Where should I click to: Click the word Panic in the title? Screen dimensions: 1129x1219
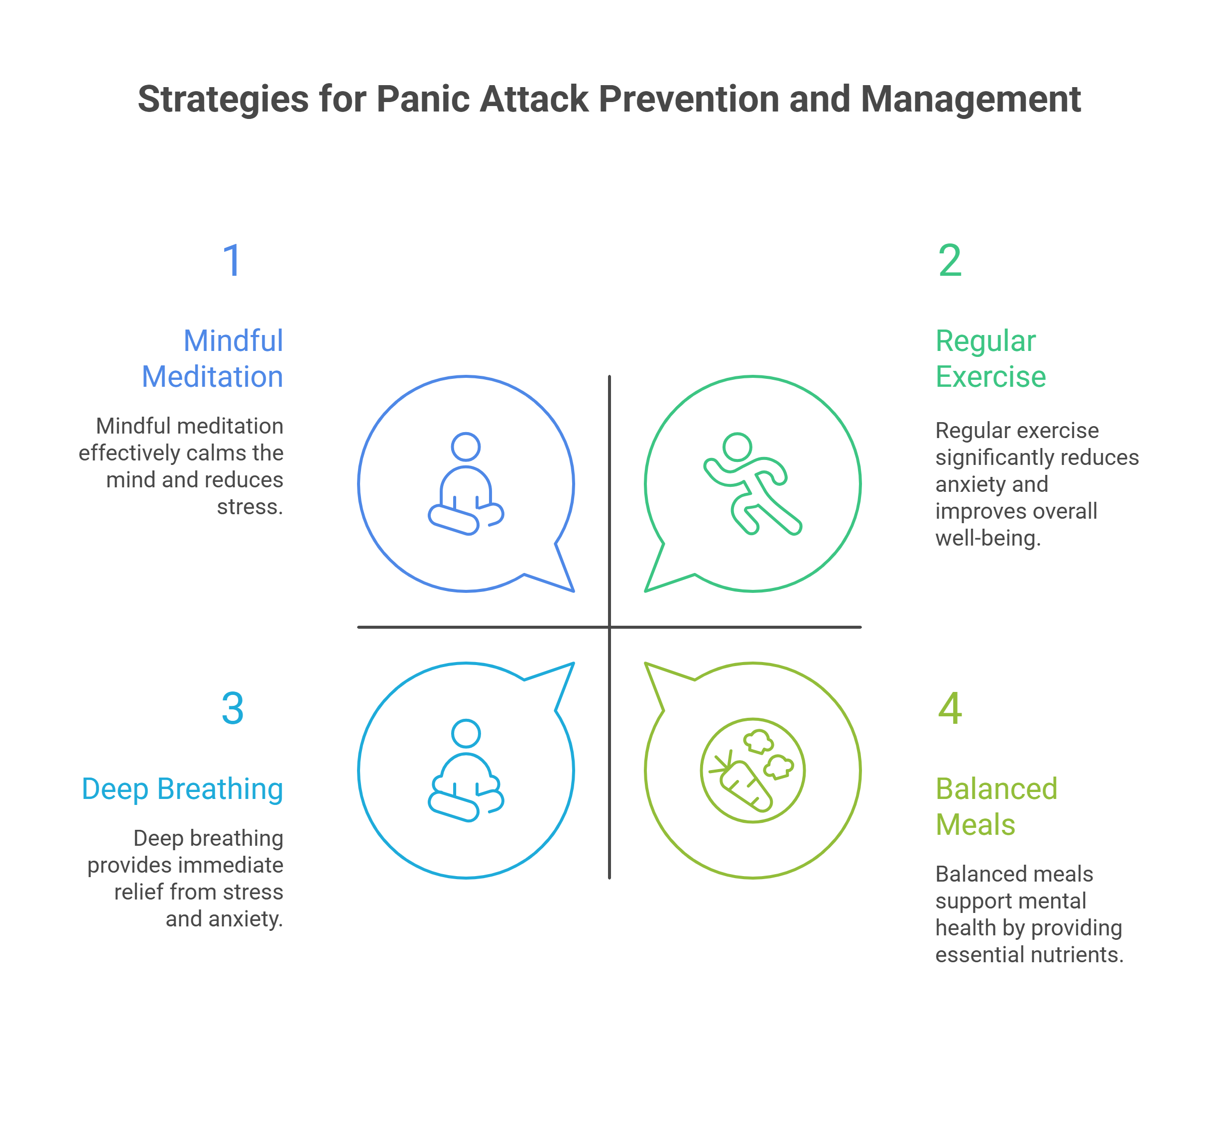pos(422,99)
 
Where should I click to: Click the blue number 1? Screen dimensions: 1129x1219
pos(232,261)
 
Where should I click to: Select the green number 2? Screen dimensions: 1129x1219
pos(950,261)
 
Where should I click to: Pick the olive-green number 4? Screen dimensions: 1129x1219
pos(950,709)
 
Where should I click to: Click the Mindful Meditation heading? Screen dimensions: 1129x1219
pos(213,358)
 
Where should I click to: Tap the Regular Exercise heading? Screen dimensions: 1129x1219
pos(990,358)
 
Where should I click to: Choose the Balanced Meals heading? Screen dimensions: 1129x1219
pos(996,806)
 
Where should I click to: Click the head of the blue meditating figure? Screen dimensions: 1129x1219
pos(466,446)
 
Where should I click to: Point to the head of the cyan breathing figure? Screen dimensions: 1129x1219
pos(466,733)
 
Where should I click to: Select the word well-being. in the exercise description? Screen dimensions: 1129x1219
pos(987,538)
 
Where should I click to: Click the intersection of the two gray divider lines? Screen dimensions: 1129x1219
pos(609,627)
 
